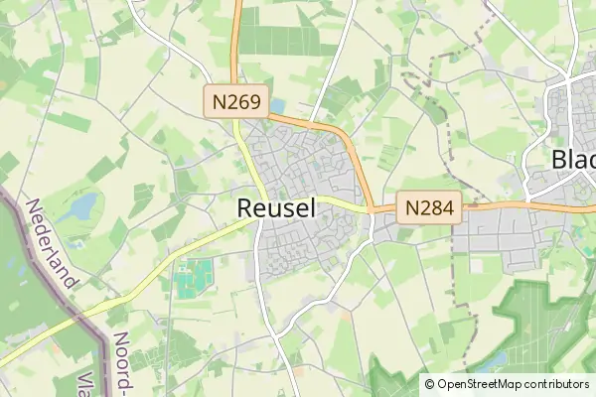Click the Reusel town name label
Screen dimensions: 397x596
pyautogui.click(x=277, y=208)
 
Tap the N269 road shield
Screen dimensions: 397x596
pyautogui.click(x=236, y=100)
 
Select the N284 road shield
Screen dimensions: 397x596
pyautogui.click(x=430, y=207)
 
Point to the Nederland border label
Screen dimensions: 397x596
pyautogui.click(x=52, y=243)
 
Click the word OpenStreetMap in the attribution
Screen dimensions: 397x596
pyautogui.click(x=478, y=383)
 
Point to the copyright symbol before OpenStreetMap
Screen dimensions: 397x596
pyautogui.click(x=429, y=383)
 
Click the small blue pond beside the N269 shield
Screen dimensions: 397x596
pyautogui.click(x=277, y=104)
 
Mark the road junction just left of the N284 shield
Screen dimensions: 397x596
pyautogui.click(x=372, y=209)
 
